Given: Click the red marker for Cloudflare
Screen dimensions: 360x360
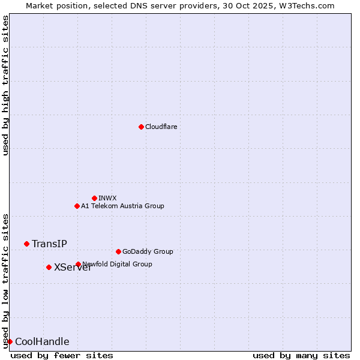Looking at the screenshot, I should (141, 127).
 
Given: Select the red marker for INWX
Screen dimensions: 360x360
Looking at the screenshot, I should (94, 198).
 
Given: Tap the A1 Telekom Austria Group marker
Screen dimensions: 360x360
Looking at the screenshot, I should (77, 206).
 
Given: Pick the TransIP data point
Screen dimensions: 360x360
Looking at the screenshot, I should (26, 244).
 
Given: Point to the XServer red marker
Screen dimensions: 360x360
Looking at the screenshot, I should (49, 267).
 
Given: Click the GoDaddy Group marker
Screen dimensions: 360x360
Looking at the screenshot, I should (118, 251).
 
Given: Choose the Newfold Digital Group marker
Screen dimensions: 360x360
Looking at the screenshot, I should (78, 264).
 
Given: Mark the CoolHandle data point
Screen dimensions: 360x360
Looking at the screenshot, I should (10, 341).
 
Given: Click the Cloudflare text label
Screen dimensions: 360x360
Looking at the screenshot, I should (161, 127).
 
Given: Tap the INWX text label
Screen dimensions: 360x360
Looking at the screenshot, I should (107, 198).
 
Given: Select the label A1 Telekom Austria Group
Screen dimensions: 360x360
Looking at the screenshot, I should (122, 206).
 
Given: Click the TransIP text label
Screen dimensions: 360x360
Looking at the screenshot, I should (49, 244).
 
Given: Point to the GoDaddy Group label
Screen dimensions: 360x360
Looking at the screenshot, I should (147, 251).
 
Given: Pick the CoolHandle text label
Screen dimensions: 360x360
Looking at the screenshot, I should (42, 342).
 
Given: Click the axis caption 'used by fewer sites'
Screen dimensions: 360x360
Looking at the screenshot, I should (62, 355).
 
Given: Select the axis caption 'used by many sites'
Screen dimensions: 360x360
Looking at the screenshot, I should (301, 355).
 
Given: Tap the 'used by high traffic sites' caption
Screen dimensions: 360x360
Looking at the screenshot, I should (5, 85).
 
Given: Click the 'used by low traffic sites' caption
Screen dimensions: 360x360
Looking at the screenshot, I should (5, 280).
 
